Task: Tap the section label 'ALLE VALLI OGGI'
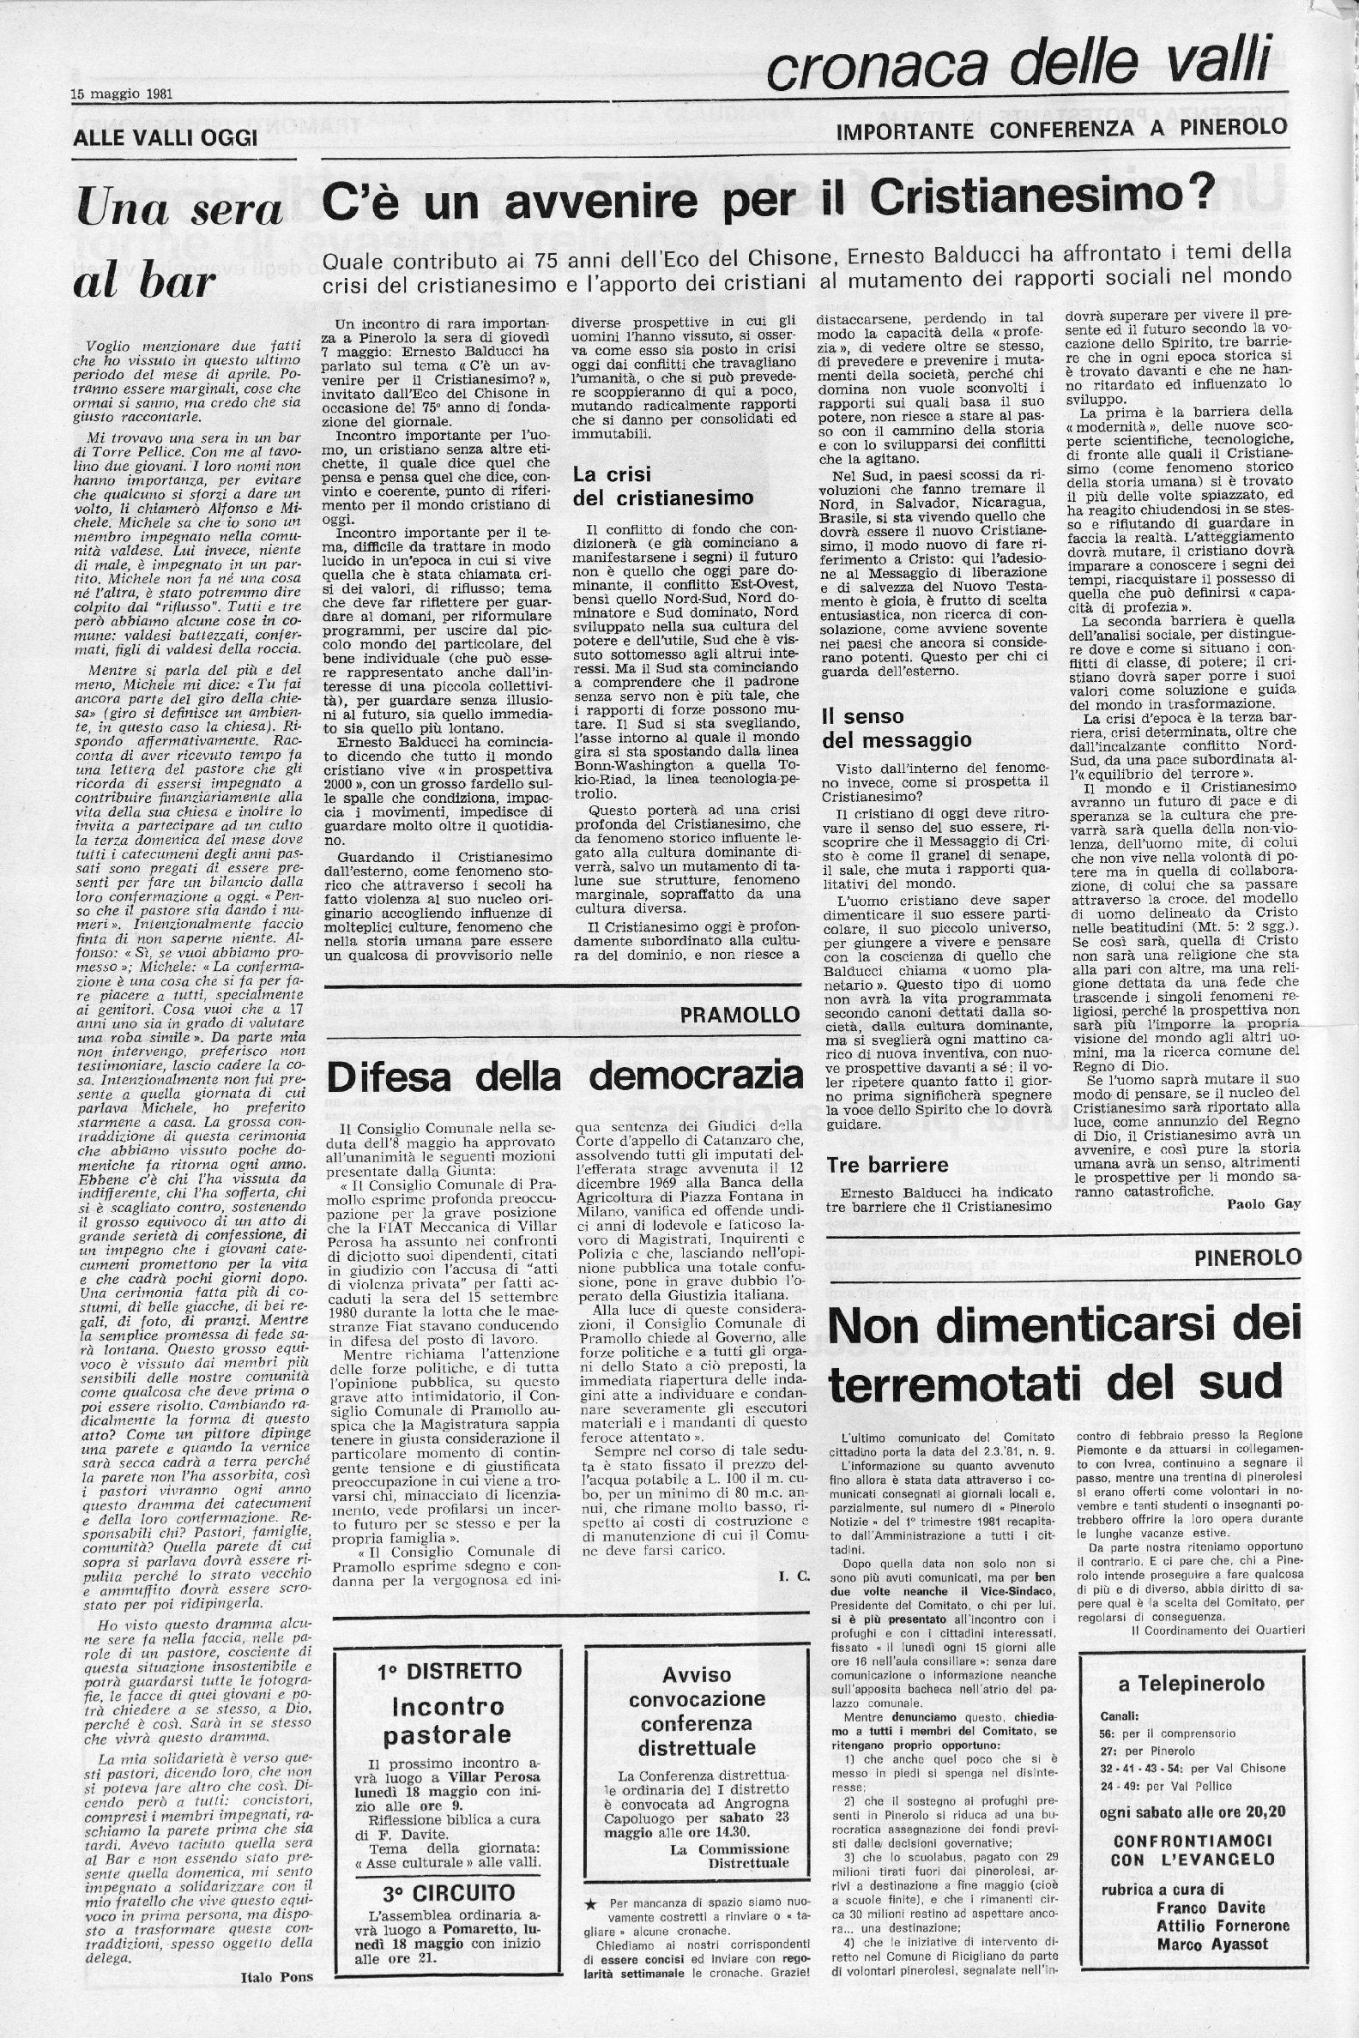(x=165, y=137)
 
